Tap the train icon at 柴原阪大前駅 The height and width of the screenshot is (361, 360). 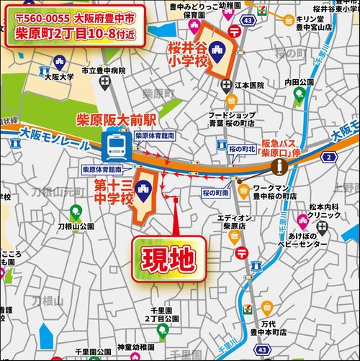(x=115, y=148)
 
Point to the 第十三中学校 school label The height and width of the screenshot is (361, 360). (x=114, y=191)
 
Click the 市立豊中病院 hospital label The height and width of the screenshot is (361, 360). (x=103, y=72)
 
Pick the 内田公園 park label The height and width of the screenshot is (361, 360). (x=300, y=83)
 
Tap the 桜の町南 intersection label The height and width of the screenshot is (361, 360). (x=216, y=193)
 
